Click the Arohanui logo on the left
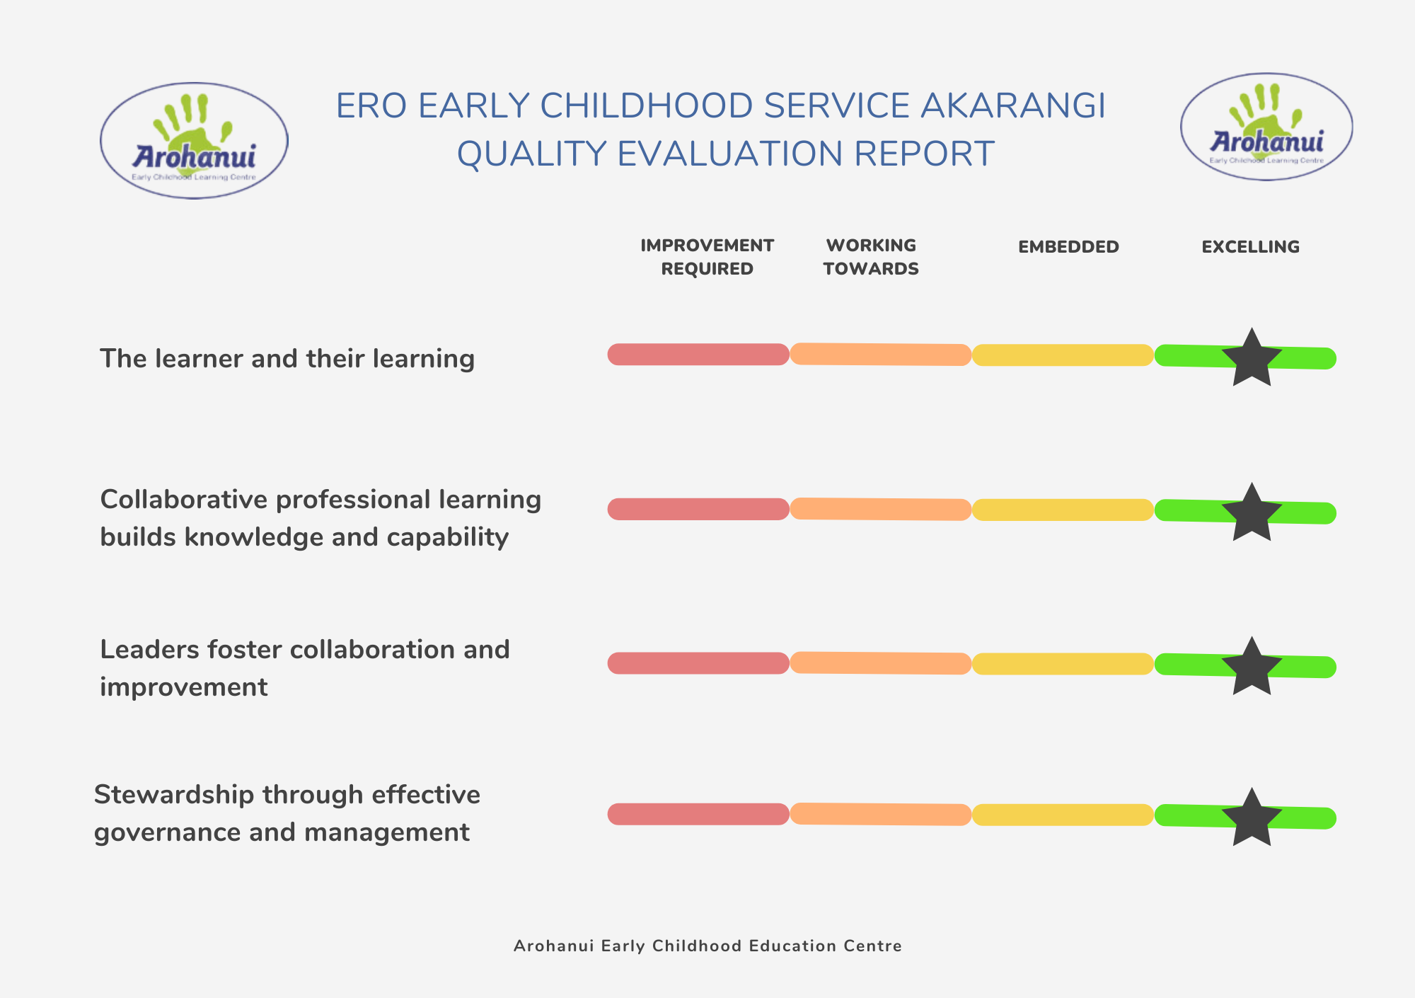coord(194,141)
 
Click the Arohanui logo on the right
coord(1266,127)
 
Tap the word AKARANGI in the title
coord(1012,106)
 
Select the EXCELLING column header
coord(1250,247)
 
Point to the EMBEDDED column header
coord(1068,247)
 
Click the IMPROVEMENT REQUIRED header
coord(707,257)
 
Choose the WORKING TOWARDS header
coord(871,257)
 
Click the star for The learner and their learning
coord(1252,359)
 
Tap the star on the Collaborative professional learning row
coord(1252,514)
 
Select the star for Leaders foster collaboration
coord(1252,667)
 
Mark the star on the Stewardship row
coord(1252,819)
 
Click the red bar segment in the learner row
coord(698,355)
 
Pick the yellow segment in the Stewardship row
coord(1063,815)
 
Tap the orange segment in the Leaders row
coord(880,663)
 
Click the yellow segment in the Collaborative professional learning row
coord(1063,510)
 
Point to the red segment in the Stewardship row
coord(698,814)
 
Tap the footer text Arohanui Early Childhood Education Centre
coord(707,946)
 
